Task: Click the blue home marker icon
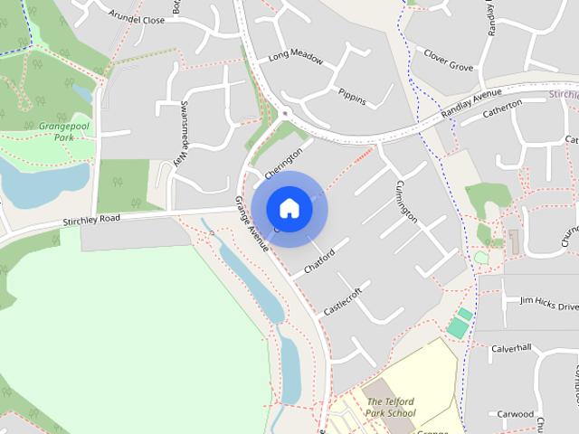click(289, 208)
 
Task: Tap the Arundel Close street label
click(136, 17)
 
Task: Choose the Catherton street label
click(502, 110)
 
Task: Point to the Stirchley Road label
click(91, 220)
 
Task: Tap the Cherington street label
click(281, 163)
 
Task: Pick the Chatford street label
click(319, 261)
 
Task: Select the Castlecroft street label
click(343, 301)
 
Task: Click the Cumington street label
click(405, 201)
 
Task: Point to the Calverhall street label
click(511, 348)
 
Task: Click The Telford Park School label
click(391, 408)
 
